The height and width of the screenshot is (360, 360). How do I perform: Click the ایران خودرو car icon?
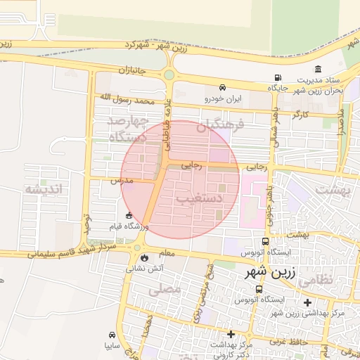click(222, 88)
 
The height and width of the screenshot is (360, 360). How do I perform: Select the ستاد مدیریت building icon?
click(319, 70)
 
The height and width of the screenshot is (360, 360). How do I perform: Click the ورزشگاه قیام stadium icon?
click(129, 216)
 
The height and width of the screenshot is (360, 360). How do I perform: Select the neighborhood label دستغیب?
click(199, 199)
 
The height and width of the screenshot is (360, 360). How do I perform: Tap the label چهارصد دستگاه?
click(127, 130)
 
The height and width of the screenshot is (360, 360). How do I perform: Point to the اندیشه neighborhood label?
click(44, 189)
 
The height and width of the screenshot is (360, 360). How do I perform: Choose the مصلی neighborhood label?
click(165, 288)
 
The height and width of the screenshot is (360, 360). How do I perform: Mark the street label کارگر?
click(301, 113)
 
